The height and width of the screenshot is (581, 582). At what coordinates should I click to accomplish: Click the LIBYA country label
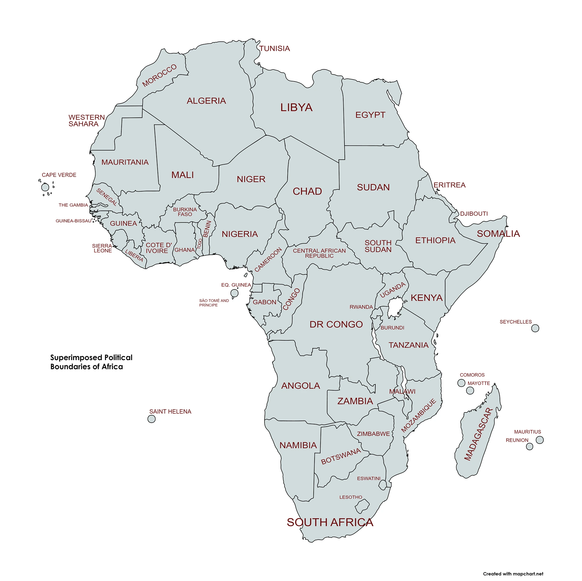297,107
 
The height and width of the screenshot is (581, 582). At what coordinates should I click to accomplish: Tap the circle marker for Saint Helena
152,419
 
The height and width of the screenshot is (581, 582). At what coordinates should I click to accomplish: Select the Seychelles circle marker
535,328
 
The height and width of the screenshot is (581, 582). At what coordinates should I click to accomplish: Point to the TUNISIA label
274,48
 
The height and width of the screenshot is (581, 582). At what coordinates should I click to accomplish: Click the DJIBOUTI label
474,214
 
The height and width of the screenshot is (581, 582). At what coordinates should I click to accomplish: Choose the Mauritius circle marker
539,440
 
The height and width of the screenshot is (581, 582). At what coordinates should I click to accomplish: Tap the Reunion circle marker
529,446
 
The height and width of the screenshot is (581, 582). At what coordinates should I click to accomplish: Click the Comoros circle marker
461,383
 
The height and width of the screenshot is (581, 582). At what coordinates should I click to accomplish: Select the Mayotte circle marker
470,390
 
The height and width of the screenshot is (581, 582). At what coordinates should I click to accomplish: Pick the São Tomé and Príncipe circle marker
234,293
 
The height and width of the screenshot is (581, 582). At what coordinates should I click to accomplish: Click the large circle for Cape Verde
45,187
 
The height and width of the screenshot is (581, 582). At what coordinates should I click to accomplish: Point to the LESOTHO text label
351,497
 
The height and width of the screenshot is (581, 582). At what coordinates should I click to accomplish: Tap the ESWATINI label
368,478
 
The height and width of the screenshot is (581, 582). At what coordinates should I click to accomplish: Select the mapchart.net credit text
513,574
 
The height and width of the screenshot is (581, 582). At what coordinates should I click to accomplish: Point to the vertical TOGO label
199,244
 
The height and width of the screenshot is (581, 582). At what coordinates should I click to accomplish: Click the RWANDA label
361,307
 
